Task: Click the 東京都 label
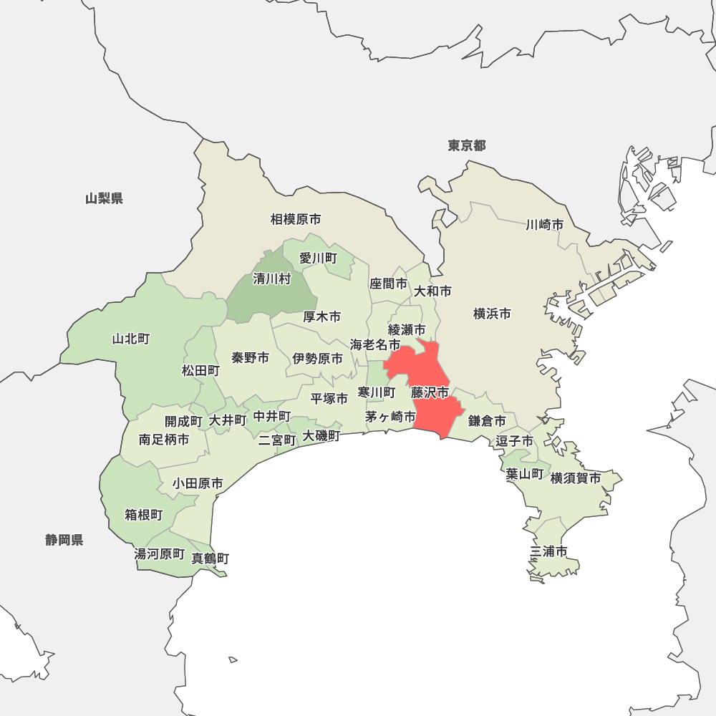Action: (467, 146)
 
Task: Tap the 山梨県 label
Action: (104, 198)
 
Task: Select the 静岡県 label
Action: (64, 540)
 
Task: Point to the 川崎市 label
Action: (544, 225)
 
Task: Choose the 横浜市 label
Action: (493, 314)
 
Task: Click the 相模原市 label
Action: (296, 219)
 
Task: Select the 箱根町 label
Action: (144, 515)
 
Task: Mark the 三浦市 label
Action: (549, 551)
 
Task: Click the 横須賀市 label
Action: (576, 478)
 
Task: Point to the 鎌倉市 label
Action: (487, 421)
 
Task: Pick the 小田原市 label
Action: (197, 484)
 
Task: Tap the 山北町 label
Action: (131, 339)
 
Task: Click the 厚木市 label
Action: (321, 316)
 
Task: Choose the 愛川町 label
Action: (318, 258)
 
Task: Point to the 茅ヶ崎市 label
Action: (390, 417)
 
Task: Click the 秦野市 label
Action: (251, 357)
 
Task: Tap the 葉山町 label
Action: (525, 474)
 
